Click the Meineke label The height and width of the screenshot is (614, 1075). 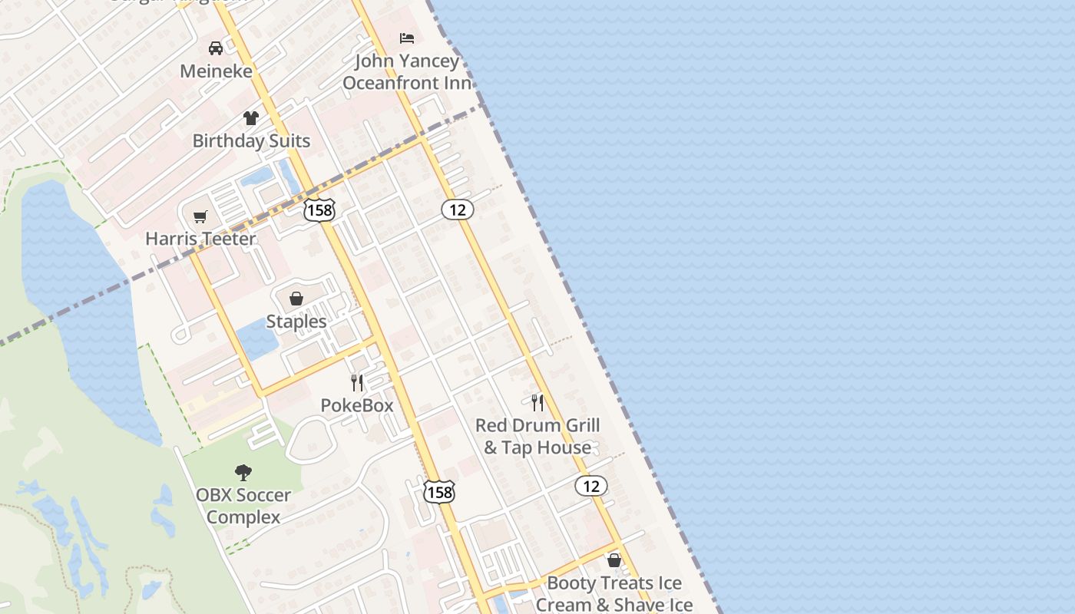[x=216, y=71]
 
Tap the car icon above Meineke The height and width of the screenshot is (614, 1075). [x=216, y=48]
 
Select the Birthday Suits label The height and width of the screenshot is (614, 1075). [x=251, y=141]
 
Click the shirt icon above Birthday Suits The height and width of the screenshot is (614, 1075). [x=251, y=118]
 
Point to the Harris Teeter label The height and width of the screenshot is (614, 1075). [x=200, y=239]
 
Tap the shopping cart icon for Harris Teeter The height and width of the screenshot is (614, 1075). [x=200, y=216]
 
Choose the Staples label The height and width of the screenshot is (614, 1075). [x=296, y=322]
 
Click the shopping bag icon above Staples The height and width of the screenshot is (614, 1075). [x=296, y=299]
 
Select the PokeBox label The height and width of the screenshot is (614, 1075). [x=357, y=405]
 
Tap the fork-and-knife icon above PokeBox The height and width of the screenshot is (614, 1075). [x=357, y=382]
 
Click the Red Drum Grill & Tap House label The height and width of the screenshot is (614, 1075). [x=537, y=437]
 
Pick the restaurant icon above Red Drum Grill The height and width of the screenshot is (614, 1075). [x=537, y=402]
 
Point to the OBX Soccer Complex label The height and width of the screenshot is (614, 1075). [x=243, y=507]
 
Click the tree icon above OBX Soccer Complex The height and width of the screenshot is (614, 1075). [x=243, y=472]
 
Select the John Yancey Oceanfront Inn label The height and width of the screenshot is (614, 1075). [x=407, y=72]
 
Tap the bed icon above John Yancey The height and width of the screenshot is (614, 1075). [x=407, y=38]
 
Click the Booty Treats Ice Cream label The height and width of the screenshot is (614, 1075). [x=614, y=594]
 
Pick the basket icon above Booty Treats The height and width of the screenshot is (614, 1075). [x=614, y=560]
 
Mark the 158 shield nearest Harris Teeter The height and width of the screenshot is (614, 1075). [x=319, y=210]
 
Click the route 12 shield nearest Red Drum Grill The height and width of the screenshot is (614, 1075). [x=590, y=486]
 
